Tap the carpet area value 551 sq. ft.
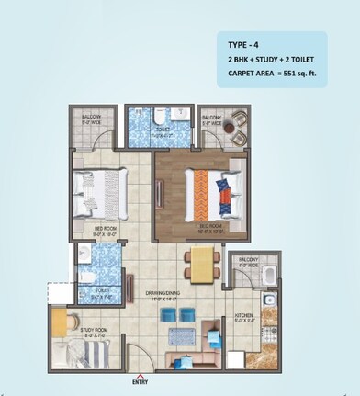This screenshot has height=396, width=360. click(x=302, y=72)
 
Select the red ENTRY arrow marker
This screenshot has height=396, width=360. click(x=140, y=374)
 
